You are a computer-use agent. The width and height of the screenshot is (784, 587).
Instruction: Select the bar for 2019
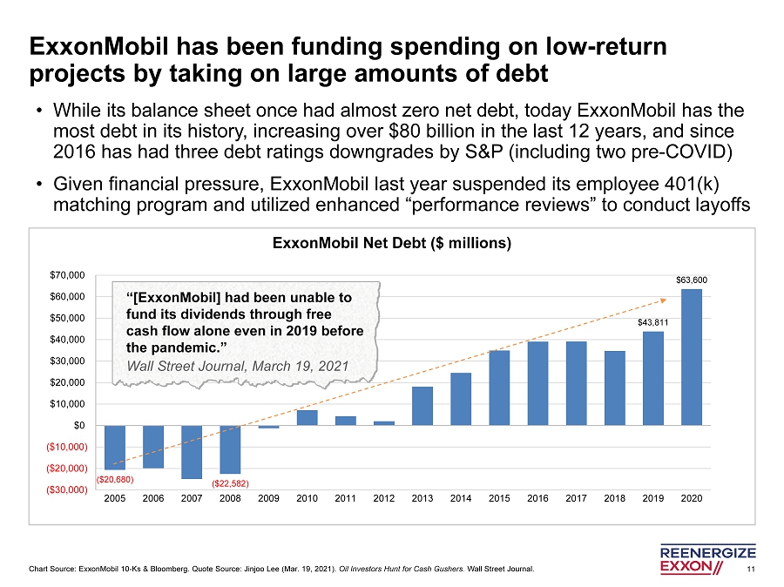coord(652,378)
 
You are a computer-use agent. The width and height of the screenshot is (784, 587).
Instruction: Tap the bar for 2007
coord(192,451)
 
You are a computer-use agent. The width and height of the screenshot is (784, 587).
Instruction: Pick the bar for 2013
coord(422,406)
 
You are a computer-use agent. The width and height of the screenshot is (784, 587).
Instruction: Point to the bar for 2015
coord(499,388)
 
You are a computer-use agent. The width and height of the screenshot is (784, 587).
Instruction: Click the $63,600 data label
coord(692,280)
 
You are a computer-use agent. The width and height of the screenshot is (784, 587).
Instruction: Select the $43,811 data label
coord(652,322)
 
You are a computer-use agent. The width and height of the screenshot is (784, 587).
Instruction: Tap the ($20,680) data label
coord(114,478)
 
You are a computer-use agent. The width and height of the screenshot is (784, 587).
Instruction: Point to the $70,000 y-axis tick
coord(66,275)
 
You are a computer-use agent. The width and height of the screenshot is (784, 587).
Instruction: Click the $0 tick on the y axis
coord(79,425)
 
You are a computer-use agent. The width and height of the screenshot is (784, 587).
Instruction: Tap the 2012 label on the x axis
coord(384,499)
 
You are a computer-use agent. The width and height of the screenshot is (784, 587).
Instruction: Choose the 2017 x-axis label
coord(576,499)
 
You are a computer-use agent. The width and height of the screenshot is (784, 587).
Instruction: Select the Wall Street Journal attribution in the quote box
coord(237,365)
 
